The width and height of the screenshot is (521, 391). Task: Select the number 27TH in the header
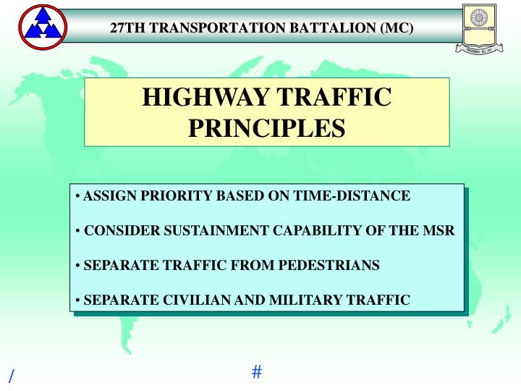point(125,29)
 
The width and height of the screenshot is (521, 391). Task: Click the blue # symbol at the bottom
point(257,372)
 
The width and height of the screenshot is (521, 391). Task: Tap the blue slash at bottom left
point(11,376)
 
